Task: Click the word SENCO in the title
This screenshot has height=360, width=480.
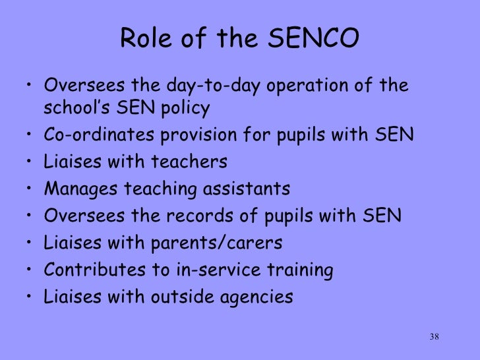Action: coord(316,40)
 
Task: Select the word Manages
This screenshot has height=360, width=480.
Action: coord(75,189)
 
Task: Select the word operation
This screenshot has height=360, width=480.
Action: coord(314,86)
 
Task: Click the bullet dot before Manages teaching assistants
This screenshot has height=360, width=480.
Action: coord(31,190)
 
